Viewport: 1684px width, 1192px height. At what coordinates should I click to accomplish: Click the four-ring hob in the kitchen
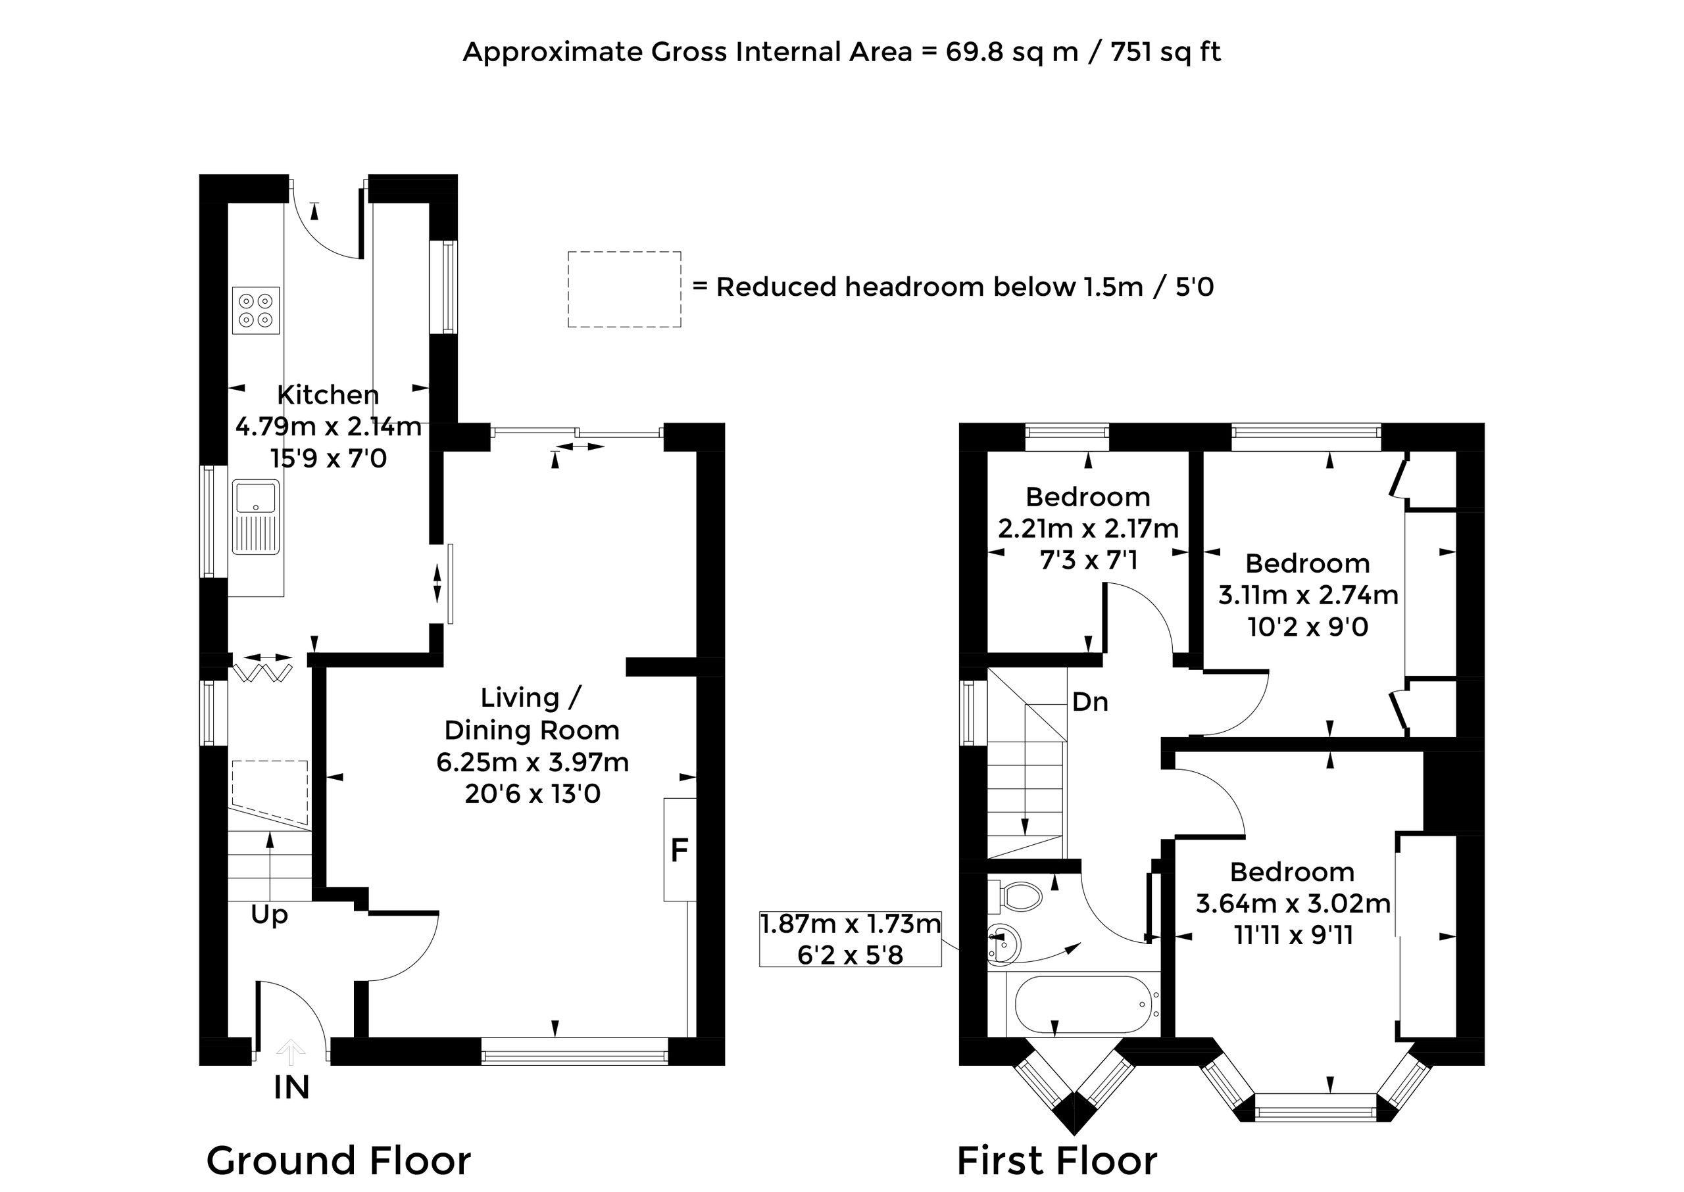pyautogui.click(x=257, y=310)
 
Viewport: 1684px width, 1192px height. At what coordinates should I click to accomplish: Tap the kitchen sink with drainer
pyautogui.click(x=257, y=517)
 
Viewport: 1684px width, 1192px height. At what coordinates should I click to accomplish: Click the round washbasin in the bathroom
pyautogui.click(x=1004, y=943)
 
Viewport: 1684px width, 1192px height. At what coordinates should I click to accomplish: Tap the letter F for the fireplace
pyautogui.click(x=680, y=850)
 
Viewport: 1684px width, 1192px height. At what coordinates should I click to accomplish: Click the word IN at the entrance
pyautogui.click(x=291, y=1087)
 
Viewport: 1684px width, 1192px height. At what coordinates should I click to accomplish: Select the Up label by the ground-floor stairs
pyautogui.click(x=270, y=915)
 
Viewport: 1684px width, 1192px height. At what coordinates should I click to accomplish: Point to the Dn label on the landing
pyautogui.click(x=1090, y=702)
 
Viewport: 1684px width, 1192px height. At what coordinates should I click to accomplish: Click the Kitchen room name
pyautogui.click(x=328, y=395)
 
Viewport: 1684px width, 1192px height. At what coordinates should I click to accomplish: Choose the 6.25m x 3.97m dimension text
pyautogui.click(x=532, y=763)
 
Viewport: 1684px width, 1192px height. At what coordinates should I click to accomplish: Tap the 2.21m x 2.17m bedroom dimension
pyautogui.click(x=1089, y=529)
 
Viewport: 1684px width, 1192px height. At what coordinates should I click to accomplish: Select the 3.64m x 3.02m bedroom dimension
pyautogui.click(x=1293, y=903)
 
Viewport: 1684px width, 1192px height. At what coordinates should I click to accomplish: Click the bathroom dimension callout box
pyautogui.click(x=851, y=939)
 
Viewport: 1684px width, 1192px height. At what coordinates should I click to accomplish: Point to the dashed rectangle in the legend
pyautogui.click(x=624, y=289)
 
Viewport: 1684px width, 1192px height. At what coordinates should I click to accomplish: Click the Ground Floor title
pyautogui.click(x=339, y=1160)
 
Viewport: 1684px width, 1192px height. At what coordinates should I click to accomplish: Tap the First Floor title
pyautogui.click(x=1058, y=1160)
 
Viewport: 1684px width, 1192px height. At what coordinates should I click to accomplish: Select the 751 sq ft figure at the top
pyautogui.click(x=1166, y=52)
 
